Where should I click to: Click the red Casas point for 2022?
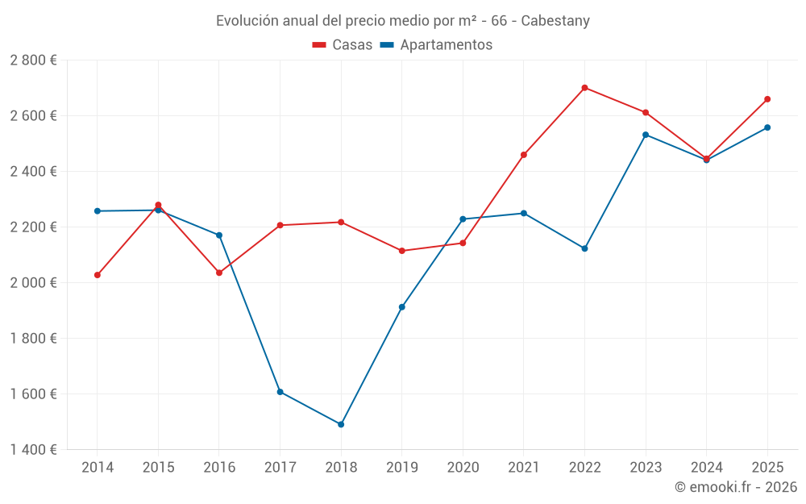(584, 88)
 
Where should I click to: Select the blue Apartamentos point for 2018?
(341, 424)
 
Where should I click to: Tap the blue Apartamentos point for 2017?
(280, 392)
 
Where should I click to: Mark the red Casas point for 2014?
(98, 275)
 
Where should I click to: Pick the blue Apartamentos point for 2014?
(98, 211)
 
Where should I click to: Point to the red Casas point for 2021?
(524, 155)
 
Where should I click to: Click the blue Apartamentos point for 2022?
(584, 248)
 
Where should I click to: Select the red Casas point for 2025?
(767, 99)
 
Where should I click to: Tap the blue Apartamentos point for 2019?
(402, 307)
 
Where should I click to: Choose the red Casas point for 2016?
(219, 273)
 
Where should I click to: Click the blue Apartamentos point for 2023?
(646, 135)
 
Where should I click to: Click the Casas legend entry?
(343, 45)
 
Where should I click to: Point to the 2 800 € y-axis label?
(33, 60)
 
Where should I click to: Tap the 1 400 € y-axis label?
(33, 450)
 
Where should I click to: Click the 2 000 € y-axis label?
(33, 283)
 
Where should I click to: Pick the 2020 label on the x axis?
(463, 468)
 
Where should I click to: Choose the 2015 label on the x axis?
(158, 468)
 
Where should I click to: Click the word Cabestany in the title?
(555, 21)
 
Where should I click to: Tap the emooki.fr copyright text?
(736, 487)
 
